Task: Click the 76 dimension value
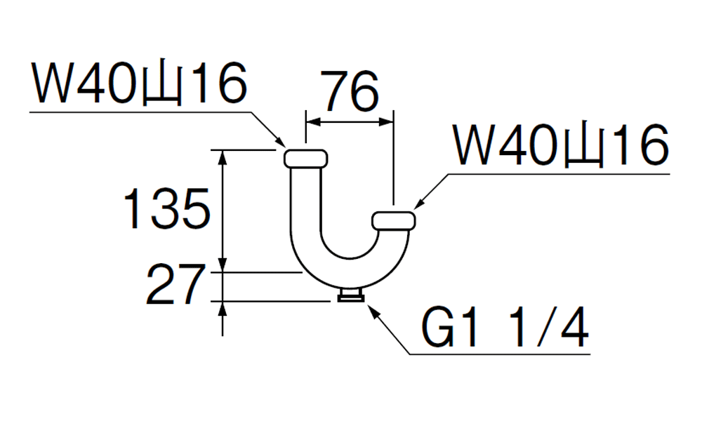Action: tap(352, 92)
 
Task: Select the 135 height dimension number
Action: tap(166, 209)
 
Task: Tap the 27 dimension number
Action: tap(175, 285)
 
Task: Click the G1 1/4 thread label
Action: tap(505, 327)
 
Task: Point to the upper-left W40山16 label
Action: tap(139, 83)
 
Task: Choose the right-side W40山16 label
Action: tap(561, 145)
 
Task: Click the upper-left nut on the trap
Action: tap(306, 159)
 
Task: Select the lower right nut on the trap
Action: tap(394, 220)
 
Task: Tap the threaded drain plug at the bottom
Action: tap(350, 295)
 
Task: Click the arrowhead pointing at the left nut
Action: tap(280, 141)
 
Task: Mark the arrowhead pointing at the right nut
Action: tap(419, 203)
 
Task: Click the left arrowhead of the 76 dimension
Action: tap(313, 121)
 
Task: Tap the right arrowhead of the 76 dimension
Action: tap(386, 121)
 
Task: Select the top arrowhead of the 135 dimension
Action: tap(223, 158)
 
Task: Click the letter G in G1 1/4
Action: tap(438, 327)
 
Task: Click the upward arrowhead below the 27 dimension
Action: tap(223, 309)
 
